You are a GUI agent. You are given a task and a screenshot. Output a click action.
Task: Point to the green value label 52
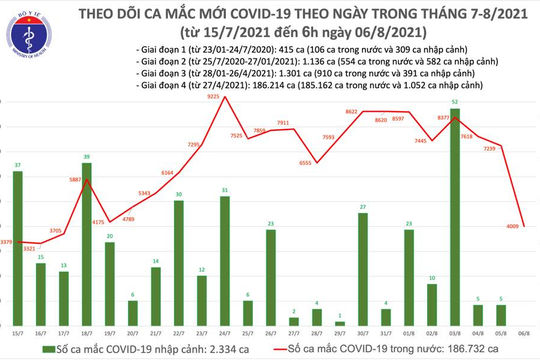click(x=455, y=103)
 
